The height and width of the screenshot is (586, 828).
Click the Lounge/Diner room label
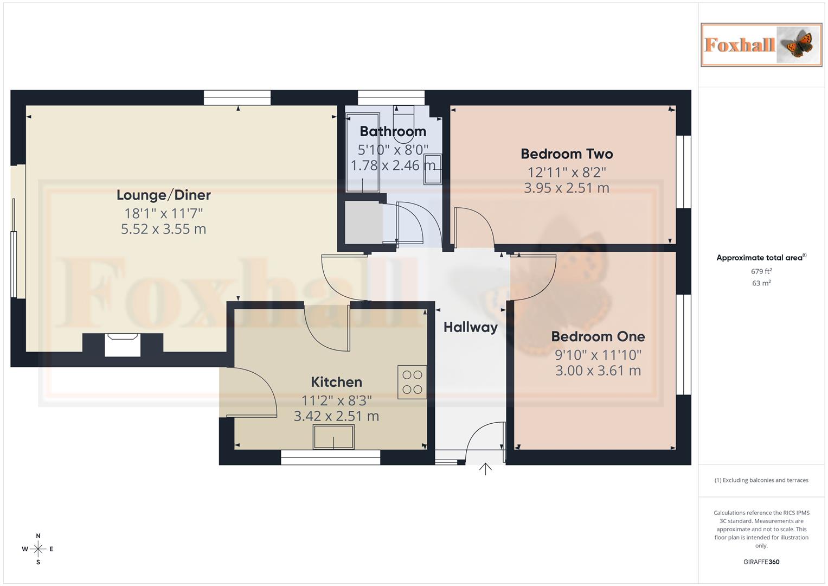pos(163,195)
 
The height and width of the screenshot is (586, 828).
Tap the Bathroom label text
pos(393,131)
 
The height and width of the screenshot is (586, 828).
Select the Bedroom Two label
pos(567,154)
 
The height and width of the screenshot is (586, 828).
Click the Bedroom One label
pos(598,336)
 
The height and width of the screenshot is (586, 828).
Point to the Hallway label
pos(470,327)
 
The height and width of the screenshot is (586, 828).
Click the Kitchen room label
pos(336,382)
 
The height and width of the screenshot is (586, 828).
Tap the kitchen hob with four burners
pos(412,382)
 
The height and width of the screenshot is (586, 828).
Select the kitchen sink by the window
pos(333,437)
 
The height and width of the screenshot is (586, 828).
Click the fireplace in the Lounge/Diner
pos(123,345)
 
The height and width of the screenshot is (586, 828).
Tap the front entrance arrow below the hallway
pos(485,469)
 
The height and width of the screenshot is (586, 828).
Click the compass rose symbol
pos(38,549)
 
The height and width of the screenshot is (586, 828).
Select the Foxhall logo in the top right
pos(761,45)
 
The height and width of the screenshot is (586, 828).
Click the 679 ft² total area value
pos(761,271)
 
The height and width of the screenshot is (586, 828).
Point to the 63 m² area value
pos(761,283)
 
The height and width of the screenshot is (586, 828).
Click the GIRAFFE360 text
pos(761,562)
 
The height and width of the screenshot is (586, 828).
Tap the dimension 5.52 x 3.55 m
pos(163,230)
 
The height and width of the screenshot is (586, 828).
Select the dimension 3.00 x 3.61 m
pos(598,371)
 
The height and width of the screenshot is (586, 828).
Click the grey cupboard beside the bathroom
pos(363,222)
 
